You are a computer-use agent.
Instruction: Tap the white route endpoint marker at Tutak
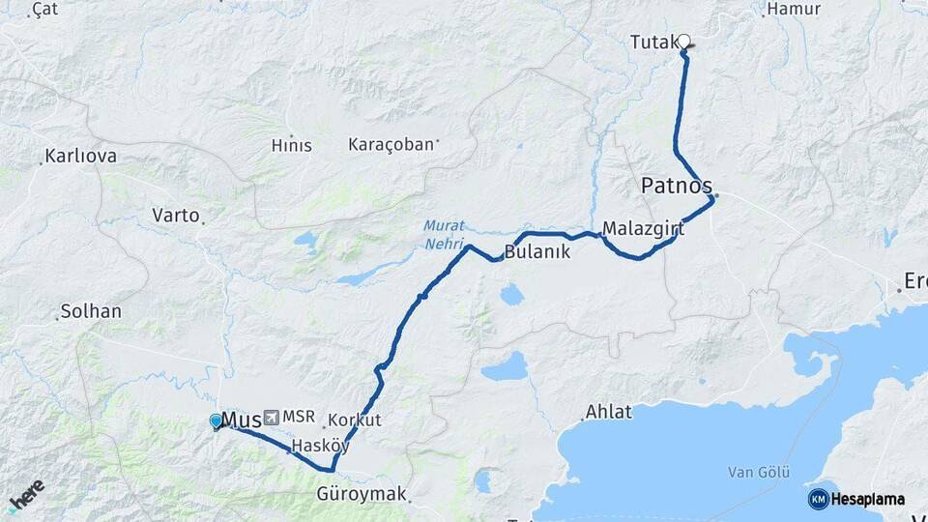684,42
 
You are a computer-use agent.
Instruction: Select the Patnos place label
677,185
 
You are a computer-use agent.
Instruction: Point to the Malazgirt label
643,229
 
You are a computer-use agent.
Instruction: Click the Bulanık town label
537,252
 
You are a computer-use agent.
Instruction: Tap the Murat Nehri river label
444,235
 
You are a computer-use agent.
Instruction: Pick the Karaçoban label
391,145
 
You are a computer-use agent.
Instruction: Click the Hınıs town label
291,146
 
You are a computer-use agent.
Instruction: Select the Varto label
176,215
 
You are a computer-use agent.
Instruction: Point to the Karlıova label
81,156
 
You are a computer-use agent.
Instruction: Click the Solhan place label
91,311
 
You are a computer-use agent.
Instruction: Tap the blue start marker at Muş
216,420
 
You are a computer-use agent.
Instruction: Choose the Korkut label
355,420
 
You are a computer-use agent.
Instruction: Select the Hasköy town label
320,446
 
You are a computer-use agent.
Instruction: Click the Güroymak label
362,494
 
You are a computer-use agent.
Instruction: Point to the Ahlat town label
609,412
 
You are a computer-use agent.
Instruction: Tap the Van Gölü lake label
759,472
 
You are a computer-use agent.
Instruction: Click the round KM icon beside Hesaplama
818,499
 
